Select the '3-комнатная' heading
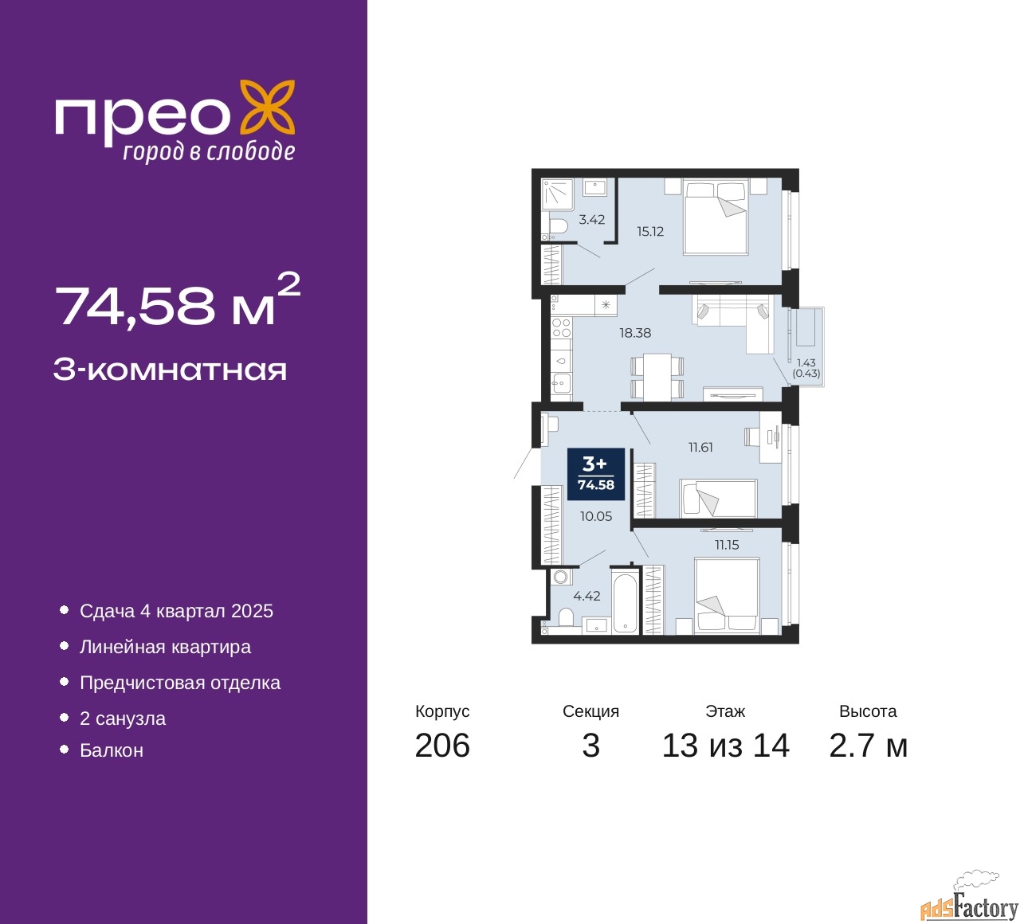coord(170,370)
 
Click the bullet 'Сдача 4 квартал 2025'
coord(176,611)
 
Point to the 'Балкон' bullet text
coord(112,750)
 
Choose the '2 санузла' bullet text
coord(123,718)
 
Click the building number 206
coord(442,746)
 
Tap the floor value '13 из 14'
coord(725,746)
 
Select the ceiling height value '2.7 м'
coord(868,746)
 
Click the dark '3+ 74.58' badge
coord(595,474)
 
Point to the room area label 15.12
coord(650,232)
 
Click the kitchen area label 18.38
coord(635,333)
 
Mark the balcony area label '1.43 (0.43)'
coord(806,368)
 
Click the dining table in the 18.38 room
coord(657,376)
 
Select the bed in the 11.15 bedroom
coord(726,595)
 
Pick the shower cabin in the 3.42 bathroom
coord(557,194)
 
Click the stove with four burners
coord(561,328)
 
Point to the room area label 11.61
coord(700,448)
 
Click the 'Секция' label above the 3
coord(590,711)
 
